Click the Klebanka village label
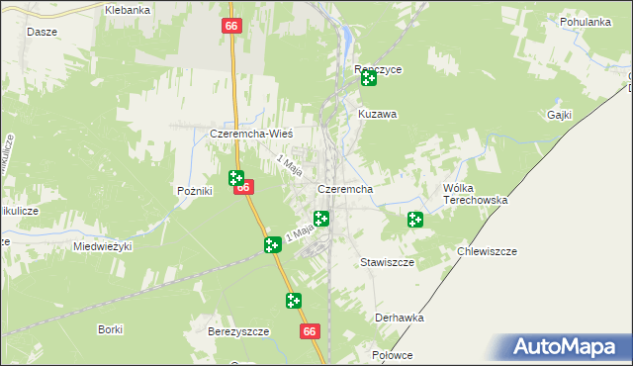click(128, 10)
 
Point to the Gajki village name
click(560, 115)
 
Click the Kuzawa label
click(377, 115)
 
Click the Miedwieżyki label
click(102, 246)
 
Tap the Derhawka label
click(400, 318)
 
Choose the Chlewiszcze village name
click(488, 251)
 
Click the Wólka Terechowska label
click(475, 194)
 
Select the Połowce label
click(392, 354)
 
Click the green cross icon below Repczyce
click(369, 78)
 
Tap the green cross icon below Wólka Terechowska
click(415, 220)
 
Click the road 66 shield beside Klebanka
click(230, 26)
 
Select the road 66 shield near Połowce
click(311, 332)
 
